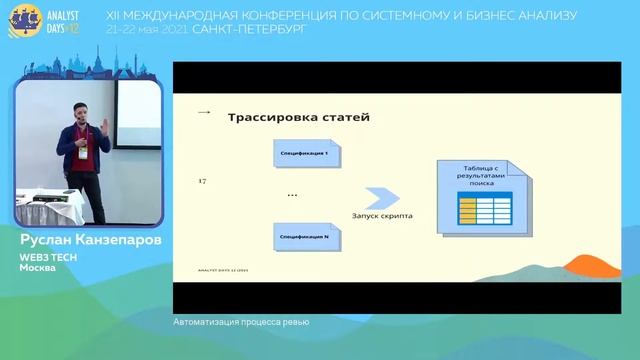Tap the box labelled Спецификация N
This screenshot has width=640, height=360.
[307, 236]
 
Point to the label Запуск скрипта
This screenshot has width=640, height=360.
[382, 216]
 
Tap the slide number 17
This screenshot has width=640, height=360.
[203, 180]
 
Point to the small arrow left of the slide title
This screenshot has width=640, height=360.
[205, 113]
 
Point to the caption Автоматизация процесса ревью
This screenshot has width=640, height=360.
[241, 322]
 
